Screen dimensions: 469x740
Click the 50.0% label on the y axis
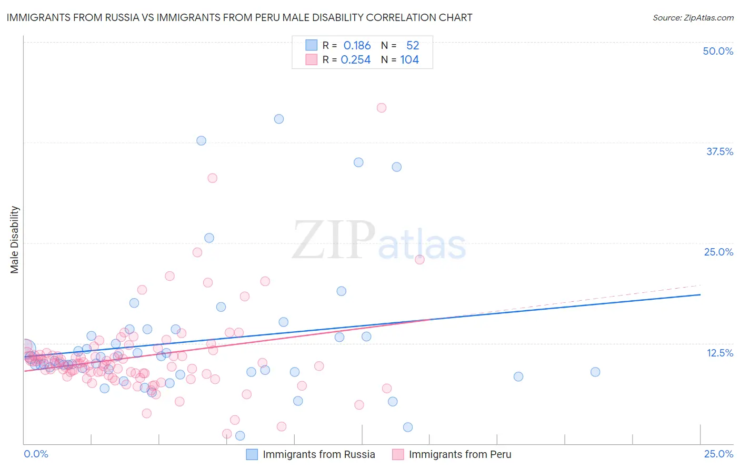[718, 51]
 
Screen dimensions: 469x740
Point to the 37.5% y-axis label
[719, 151]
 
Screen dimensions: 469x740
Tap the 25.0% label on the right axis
[718, 252]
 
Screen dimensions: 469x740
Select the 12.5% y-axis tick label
[719, 353]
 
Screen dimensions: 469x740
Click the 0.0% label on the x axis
[36, 454]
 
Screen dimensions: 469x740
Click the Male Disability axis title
[15, 239]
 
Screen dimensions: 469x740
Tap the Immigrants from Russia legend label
[319, 454]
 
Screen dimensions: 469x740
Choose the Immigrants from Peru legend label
[460, 454]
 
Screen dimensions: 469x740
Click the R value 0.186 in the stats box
[357, 46]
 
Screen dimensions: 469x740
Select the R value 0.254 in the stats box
[356, 60]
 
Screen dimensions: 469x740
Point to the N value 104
[409, 60]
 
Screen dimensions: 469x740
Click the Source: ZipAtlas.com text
[693, 18]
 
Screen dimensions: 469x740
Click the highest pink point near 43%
[382, 108]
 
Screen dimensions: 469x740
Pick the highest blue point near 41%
[279, 119]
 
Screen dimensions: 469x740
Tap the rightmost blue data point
[595, 372]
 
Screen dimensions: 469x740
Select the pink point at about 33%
[212, 178]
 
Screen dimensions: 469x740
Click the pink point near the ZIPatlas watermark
[419, 259]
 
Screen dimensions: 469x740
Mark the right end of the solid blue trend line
[701, 294]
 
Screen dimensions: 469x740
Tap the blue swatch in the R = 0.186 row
[312, 45]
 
